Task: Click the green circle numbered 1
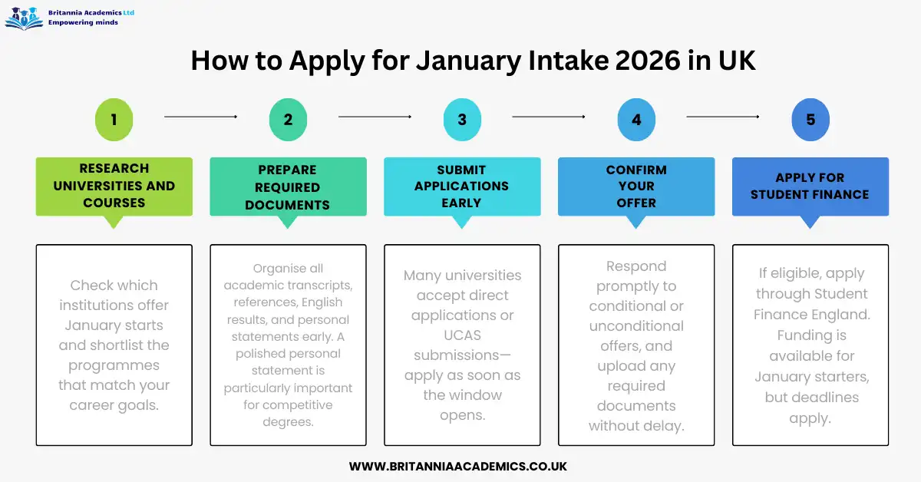coord(114,119)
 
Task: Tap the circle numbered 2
coord(288,119)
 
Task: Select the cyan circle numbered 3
coord(462,119)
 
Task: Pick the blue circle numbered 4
coord(636,119)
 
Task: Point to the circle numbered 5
coord(810,119)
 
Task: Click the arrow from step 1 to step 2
coord(201,117)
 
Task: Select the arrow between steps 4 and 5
coord(723,117)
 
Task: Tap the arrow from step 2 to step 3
coord(375,117)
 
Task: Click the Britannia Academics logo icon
coord(23,17)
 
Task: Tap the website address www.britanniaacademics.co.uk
coord(458,466)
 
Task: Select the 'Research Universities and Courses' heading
coord(114,186)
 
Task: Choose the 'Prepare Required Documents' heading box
coord(288,187)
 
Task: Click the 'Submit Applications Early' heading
coord(462,187)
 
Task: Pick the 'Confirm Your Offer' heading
coord(636,187)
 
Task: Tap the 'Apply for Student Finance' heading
coord(810,187)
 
